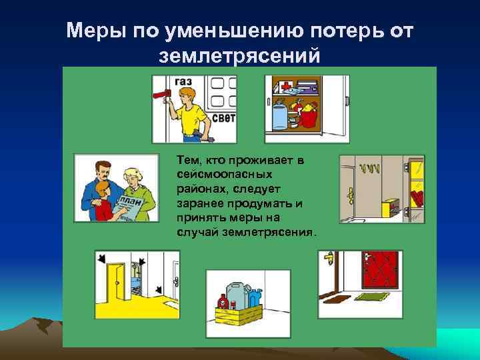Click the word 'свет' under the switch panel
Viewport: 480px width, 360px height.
click(223, 119)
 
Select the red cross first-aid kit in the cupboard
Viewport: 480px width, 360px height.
click(285, 87)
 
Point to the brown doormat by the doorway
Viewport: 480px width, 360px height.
click(337, 296)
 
